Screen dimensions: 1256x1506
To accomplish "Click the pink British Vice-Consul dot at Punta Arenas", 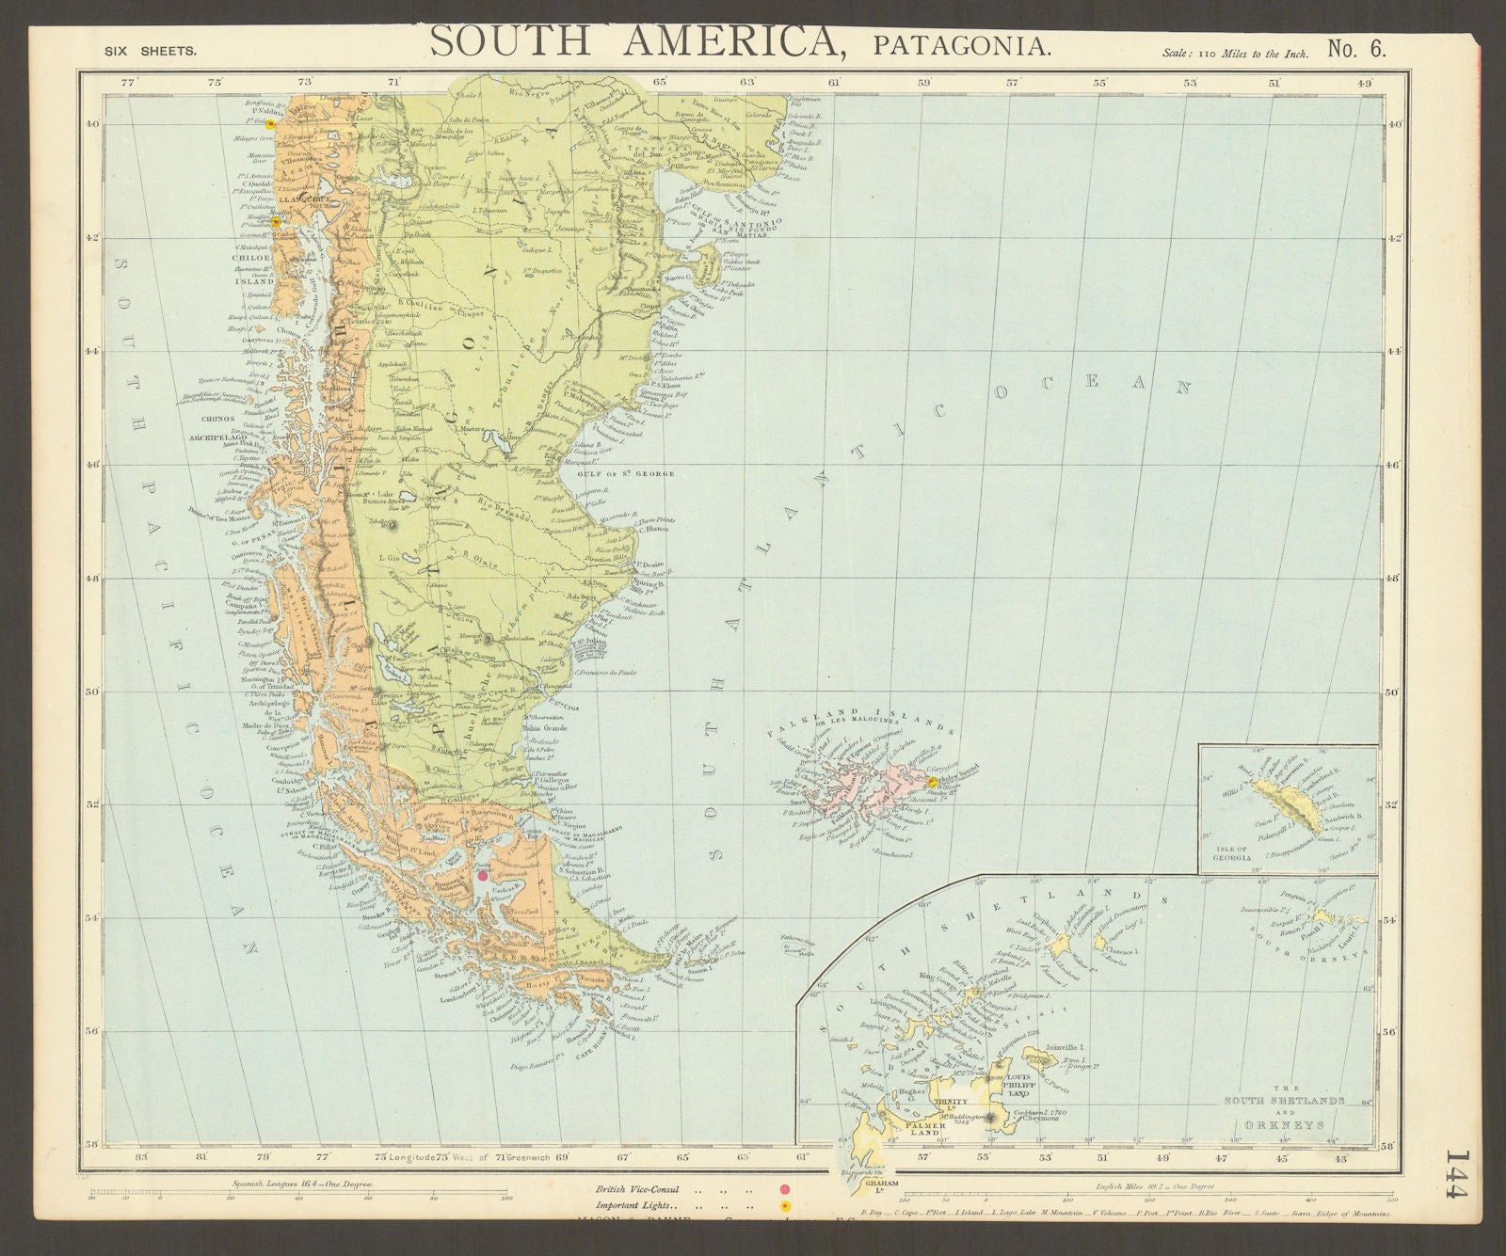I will tap(482, 875).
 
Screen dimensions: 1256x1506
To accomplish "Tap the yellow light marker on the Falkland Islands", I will tap(932, 781).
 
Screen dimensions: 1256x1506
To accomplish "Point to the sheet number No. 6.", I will tap(1356, 48).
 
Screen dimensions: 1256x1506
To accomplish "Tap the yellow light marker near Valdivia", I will tap(270, 123).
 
